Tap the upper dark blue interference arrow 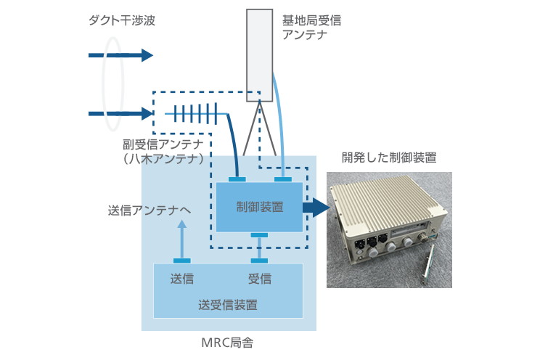120,55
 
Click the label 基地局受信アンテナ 311,28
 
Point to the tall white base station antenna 258,55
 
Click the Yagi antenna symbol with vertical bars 195,114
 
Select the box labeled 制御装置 259,207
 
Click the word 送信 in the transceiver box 181,279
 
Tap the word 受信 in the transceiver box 259,279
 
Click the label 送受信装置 227,304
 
